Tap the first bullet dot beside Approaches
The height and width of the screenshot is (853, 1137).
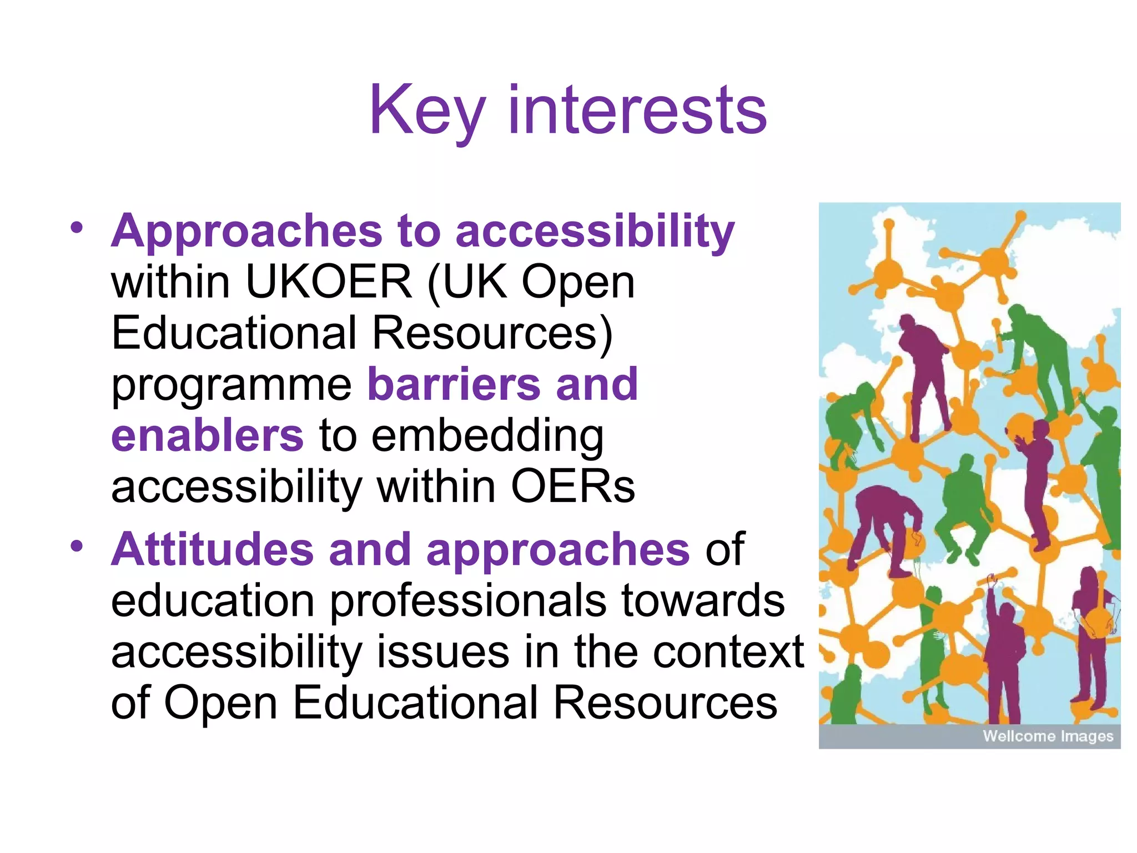(77, 227)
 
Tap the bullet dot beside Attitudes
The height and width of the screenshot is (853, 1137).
(77, 546)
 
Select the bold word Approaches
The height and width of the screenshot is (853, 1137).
(246, 231)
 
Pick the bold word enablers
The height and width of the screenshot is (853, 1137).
(207, 435)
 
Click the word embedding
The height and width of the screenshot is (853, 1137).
(487, 436)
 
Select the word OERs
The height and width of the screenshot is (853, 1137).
(572, 487)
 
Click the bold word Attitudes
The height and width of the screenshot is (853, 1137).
(213, 549)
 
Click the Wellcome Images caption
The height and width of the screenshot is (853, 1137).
(1047, 736)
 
